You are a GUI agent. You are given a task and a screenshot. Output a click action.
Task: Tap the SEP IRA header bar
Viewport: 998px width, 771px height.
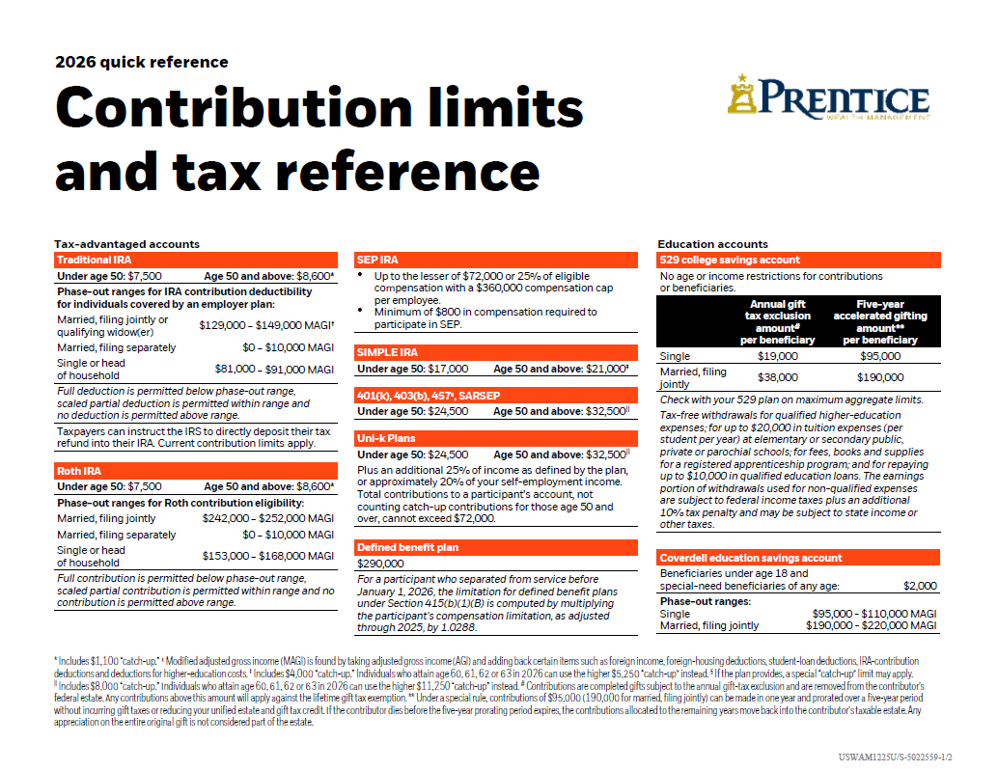(496, 261)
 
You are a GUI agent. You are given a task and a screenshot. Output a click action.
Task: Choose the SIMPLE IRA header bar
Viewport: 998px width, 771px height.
(496, 353)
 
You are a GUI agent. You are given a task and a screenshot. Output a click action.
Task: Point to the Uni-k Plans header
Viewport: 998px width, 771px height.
(496, 438)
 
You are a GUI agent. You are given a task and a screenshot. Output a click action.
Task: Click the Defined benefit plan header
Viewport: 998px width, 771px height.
(496, 548)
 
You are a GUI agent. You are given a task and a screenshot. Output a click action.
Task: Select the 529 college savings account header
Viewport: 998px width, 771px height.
(797, 261)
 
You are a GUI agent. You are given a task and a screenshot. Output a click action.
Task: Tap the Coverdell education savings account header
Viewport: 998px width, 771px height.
(797, 558)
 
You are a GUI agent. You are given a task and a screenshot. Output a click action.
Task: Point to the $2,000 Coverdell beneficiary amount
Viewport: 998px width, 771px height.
(919, 586)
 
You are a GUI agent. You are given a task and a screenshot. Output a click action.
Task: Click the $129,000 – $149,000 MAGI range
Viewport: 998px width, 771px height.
(266, 326)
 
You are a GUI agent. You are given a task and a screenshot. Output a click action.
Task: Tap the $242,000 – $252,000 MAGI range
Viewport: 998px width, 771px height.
(267, 518)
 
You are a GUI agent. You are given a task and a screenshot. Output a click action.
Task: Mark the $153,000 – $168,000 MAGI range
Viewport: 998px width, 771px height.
(267, 556)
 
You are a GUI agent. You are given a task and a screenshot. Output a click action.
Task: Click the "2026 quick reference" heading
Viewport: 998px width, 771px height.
(142, 63)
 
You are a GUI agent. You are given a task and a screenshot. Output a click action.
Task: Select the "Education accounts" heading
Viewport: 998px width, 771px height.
(712, 244)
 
